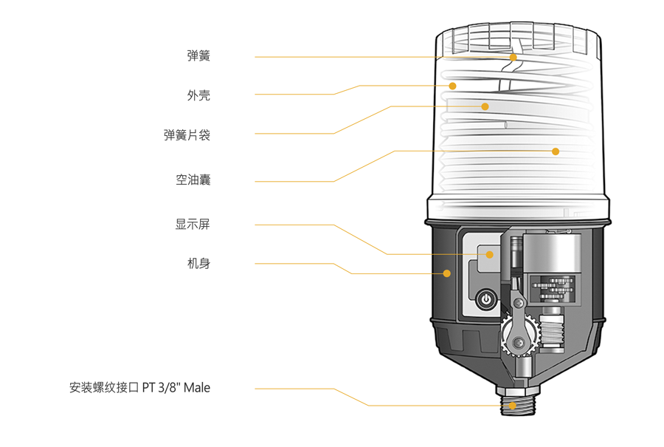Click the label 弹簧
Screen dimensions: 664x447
(198, 55)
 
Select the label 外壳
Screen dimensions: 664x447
(198, 95)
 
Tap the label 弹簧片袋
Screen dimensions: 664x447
(187, 135)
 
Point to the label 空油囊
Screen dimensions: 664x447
(193, 180)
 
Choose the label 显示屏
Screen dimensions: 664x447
(193, 224)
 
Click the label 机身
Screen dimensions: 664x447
(198, 263)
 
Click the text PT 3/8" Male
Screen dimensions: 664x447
(176, 388)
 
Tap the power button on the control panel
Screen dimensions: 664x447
(486, 299)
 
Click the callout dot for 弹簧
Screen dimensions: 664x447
(513, 57)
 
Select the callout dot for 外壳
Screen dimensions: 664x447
(452, 86)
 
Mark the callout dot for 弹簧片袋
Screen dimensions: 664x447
(485, 106)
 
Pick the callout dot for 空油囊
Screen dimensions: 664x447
(556, 151)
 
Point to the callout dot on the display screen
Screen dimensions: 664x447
(490, 254)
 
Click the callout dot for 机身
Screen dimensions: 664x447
(447, 273)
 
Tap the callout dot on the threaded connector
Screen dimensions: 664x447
(513, 406)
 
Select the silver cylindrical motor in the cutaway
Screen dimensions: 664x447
(552, 253)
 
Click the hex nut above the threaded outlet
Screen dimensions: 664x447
(517, 390)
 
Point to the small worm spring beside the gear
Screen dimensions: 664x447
(552, 332)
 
